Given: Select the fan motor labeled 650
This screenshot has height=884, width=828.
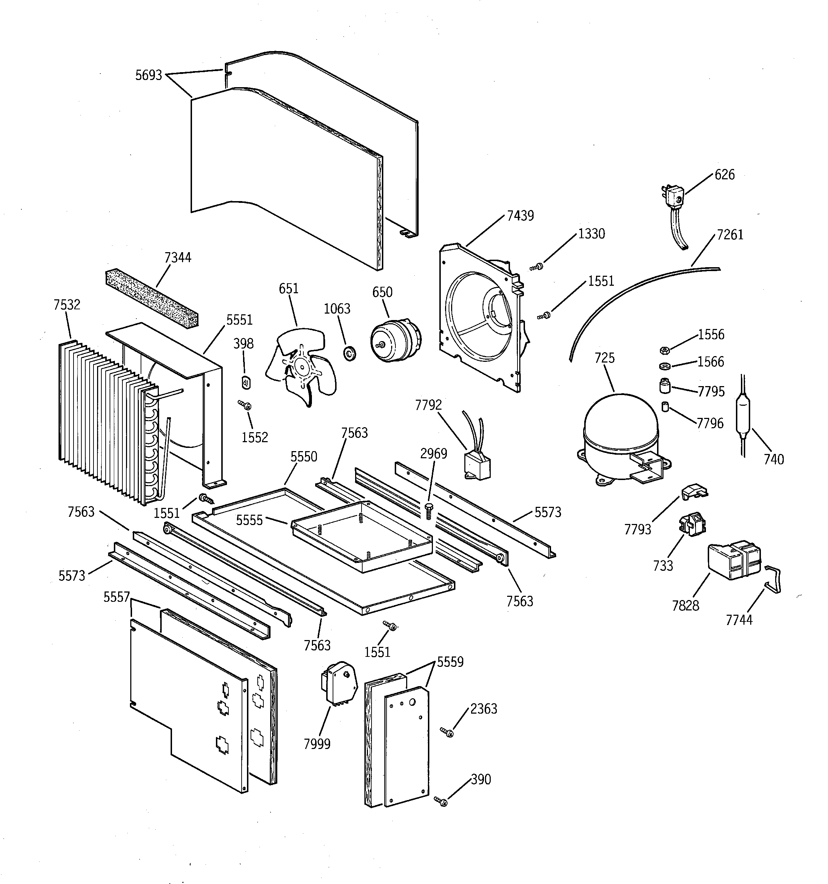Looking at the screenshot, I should coord(395,340).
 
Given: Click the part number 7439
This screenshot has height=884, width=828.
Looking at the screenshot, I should coord(520,216).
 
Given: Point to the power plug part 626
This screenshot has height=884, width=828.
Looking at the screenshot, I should coord(672,196).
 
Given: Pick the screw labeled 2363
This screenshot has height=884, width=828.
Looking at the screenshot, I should coord(447,732).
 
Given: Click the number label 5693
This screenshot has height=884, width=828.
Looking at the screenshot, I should coord(148,75).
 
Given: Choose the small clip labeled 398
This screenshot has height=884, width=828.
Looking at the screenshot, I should coord(246,382).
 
